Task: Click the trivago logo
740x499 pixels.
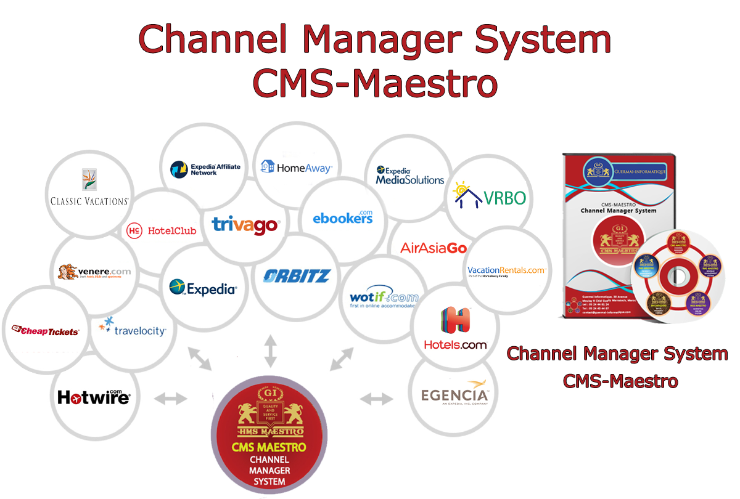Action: coord(245,224)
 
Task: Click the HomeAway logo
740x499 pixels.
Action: coord(297,167)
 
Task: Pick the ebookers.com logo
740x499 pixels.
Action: coord(343,216)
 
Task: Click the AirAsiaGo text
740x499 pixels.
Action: coord(434,248)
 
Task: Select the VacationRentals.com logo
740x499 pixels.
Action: coord(506,271)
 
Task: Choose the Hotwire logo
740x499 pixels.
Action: coord(94,397)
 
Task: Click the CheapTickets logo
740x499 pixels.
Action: coord(46,331)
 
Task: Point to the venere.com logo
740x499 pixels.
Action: coord(94,272)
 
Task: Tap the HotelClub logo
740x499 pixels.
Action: coord(161,230)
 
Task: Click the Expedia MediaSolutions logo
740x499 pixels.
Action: coord(410,176)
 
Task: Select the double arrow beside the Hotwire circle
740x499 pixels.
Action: coord(170,399)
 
